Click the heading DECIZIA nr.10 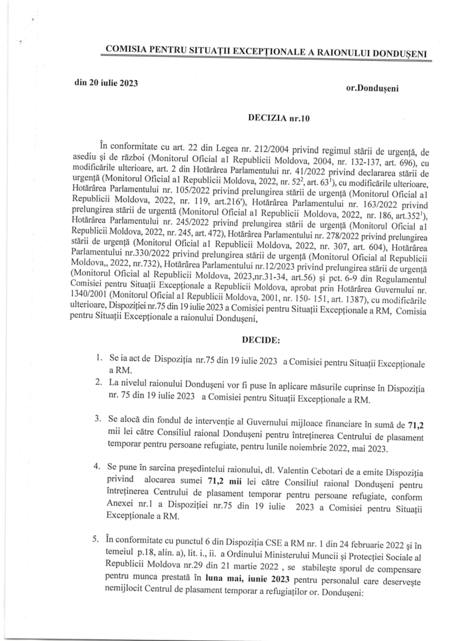tap(255, 117)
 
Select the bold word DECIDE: tap(261, 339)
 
